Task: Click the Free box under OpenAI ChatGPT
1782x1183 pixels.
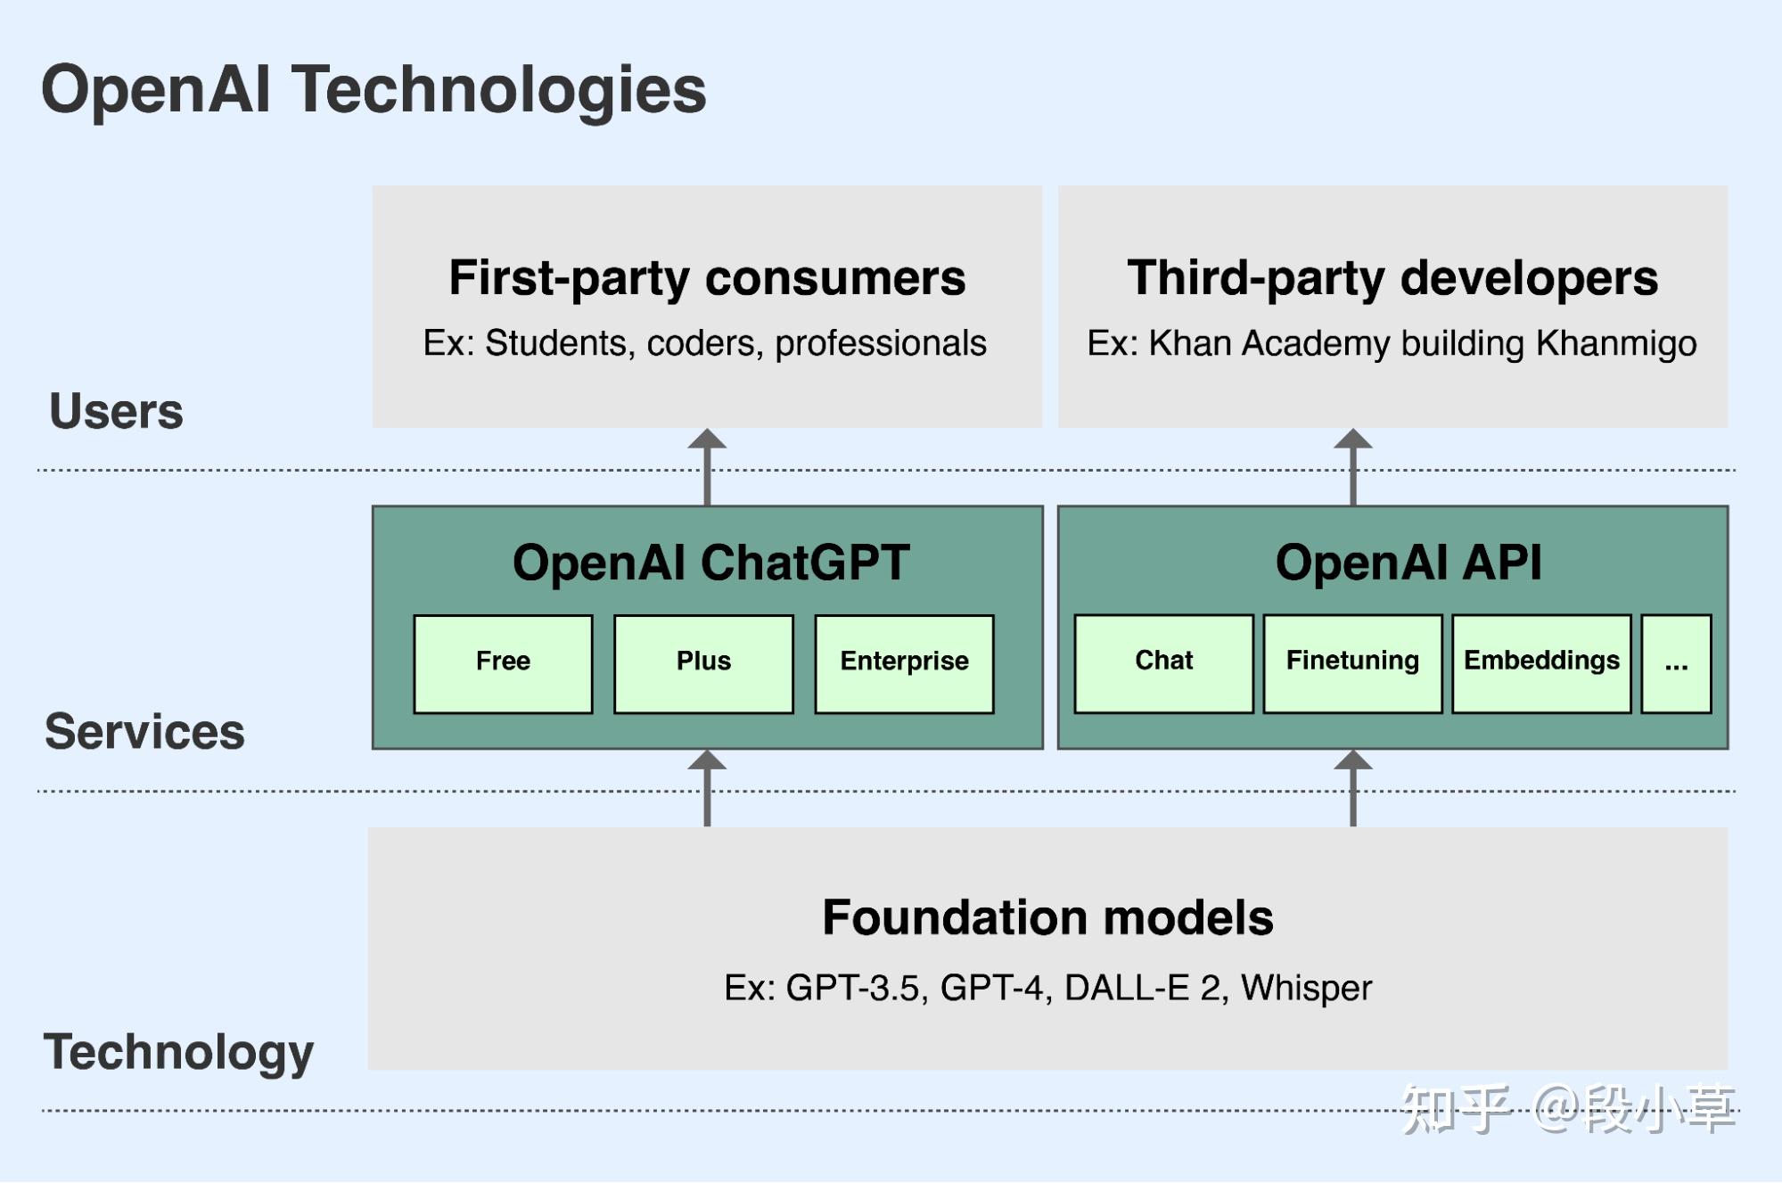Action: pyautogui.click(x=503, y=664)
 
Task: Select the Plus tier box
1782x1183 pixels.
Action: pyautogui.click(x=703, y=664)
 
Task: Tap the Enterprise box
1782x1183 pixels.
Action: pyautogui.click(x=904, y=664)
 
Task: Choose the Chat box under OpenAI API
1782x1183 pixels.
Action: pyautogui.click(x=1163, y=663)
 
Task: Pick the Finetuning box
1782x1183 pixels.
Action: pyautogui.click(x=1352, y=663)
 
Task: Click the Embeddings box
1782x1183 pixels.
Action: pyautogui.click(x=1541, y=663)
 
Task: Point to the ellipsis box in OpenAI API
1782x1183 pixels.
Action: pyautogui.click(x=1676, y=663)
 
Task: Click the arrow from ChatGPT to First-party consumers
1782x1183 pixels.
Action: pyautogui.click(x=707, y=467)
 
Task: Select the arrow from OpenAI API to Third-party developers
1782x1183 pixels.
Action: pyautogui.click(x=1352, y=467)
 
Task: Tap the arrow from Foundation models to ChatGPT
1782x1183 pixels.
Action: pyautogui.click(x=707, y=788)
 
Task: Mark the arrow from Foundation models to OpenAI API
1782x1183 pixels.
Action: pyautogui.click(x=1352, y=788)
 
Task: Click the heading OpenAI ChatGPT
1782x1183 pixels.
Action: pyautogui.click(x=710, y=563)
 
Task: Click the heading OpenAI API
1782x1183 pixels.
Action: pyautogui.click(x=1408, y=563)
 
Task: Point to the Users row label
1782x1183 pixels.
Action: pyautogui.click(x=116, y=412)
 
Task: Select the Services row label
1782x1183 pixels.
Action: pyautogui.click(x=144, y=732)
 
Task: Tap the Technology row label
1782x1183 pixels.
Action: pyautogui.click(x=178, y=1053)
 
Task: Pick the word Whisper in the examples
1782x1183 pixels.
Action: pyautogui.click(x=1306, y=988)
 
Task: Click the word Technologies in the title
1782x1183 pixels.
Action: pyautogui.click(x=499, y=91)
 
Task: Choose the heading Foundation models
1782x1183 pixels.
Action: pyautogui.click(x=1047, y=917)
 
